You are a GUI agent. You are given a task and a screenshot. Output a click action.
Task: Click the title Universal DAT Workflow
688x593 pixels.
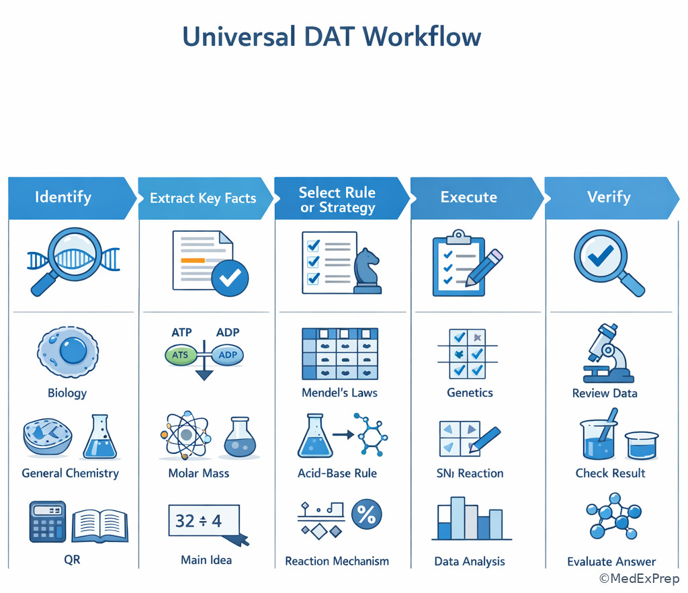tap(331, 36)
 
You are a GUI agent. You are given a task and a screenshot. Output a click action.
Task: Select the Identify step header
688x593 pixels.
tap(63, 198)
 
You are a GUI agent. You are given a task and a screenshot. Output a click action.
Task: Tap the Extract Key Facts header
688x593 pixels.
tap(203, 198)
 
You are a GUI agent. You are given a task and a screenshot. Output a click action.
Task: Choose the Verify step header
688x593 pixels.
tap(609, 198)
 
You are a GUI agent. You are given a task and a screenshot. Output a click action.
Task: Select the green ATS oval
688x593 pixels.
tap(180, 355)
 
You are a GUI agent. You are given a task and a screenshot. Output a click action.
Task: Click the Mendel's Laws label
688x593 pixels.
tap(340, 393)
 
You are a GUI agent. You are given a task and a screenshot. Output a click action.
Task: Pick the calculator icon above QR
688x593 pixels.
tap(48, 522)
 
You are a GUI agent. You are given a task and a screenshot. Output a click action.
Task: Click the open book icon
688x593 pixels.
tap(100, 525)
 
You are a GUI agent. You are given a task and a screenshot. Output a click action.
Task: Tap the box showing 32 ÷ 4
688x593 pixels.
tap(204, 521)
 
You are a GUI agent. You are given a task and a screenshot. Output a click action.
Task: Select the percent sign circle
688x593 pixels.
tap(366, 515)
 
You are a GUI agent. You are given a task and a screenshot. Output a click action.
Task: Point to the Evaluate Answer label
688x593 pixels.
tap(611, 561)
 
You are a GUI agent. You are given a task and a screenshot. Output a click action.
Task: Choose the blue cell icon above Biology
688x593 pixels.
tap(67, 352)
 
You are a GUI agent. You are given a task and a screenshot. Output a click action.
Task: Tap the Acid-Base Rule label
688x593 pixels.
tap(337, 473)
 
